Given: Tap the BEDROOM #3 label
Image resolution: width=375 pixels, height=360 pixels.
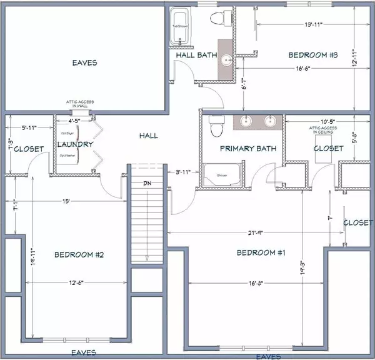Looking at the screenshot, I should coord(312,55).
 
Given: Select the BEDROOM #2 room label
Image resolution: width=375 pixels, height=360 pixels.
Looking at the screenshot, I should coord(79,254).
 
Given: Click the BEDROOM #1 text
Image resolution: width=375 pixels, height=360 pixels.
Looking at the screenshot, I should coord(261,252).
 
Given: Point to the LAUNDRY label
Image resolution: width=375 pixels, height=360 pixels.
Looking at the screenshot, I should coord(75,144).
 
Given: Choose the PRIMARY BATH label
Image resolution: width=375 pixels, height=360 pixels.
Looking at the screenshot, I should coord(244,149).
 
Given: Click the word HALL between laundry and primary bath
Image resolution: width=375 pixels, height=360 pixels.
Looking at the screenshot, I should coord(149,135).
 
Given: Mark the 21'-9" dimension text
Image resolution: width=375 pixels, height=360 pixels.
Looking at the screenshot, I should coord(252,232).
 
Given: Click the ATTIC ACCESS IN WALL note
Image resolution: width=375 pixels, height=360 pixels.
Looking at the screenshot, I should coord(79,104).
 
